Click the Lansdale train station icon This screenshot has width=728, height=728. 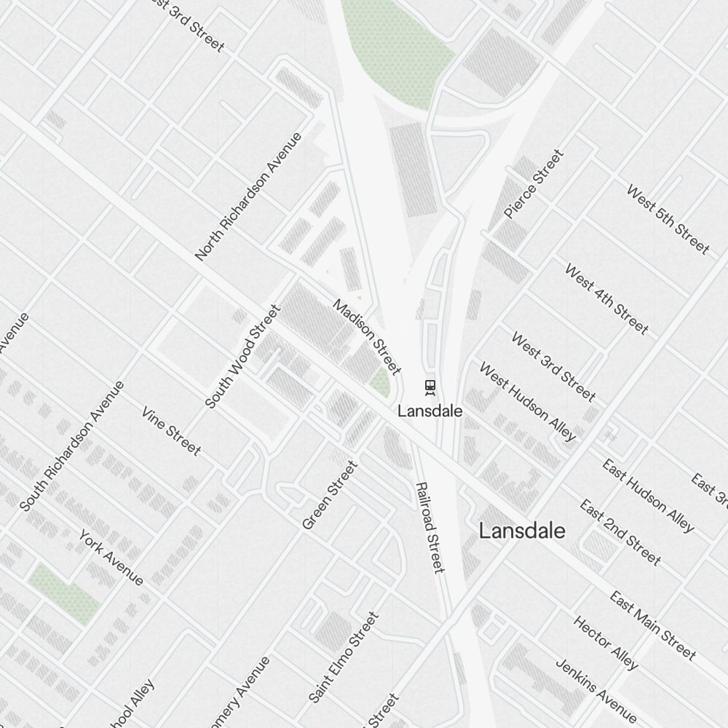coord(430,387)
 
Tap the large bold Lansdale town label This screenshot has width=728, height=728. coord(521,531)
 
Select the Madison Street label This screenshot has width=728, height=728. coord(367,336)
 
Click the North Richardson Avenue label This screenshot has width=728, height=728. coord(248,197)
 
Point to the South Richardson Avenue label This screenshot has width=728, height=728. coord(72,446)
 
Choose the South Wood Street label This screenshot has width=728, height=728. coord(242,357)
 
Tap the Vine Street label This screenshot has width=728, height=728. coord(171,431)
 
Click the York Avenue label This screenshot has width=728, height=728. coord(111,557)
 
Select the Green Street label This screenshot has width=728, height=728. coord(330,495)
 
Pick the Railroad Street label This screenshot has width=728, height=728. coord(429,526)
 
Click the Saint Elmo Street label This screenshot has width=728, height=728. coord(343,657)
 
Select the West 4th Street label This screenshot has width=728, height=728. coord(606,299)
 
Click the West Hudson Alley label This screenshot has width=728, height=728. coord(527,401)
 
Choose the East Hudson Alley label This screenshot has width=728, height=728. coord(648,495)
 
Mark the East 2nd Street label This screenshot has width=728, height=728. coord(620,532)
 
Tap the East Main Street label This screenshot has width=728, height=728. coord(652,625)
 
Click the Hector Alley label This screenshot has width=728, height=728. coord(606,643)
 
